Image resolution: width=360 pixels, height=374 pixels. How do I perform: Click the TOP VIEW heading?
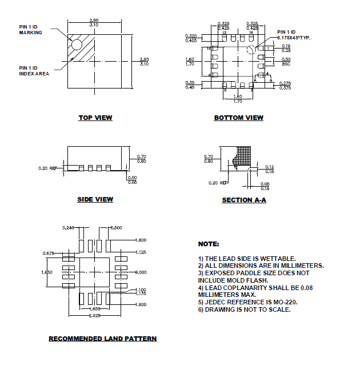(95, 118)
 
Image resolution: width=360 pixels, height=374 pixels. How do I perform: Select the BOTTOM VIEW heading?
(238, 118)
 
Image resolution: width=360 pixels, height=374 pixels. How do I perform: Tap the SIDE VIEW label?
(95, 199)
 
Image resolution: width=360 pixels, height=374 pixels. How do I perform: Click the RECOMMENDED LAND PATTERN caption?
(102, 339)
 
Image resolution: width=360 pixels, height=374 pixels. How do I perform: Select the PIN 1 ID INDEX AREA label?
(34, 71)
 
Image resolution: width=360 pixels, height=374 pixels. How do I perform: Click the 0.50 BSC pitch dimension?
(286, 62)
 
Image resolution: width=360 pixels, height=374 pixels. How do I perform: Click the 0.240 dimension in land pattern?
(68, 228)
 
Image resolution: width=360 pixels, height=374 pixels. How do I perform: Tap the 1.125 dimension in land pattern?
(141, 252)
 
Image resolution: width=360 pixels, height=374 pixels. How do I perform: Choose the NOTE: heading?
(208, 244)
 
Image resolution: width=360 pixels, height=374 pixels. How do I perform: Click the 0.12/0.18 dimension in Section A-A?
(270, 168)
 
